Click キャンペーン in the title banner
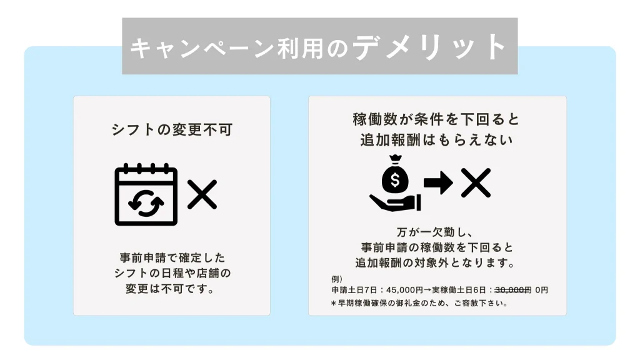tap(202, 48)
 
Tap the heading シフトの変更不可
tap(172, 130)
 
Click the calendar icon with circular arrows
tap(146, 194)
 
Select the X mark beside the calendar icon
tap(202, 194)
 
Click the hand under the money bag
tap(395, 202)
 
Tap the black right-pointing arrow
tap(438, 182)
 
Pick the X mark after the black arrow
tap(476, 182)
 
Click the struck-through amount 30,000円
tap(513, 290)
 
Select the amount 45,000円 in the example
tap(404, 290)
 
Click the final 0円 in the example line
tap(542, 290)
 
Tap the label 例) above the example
tap(337, 279)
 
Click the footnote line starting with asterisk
tap(419, 303)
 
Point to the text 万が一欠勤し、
tap(435, 232)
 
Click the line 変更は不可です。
tap(171, 289)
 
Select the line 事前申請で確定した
tap(172, 258)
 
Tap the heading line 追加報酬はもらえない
tap(436, 140)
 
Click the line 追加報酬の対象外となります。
tap(435, 263)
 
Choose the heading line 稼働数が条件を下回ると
tap(436, 119)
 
